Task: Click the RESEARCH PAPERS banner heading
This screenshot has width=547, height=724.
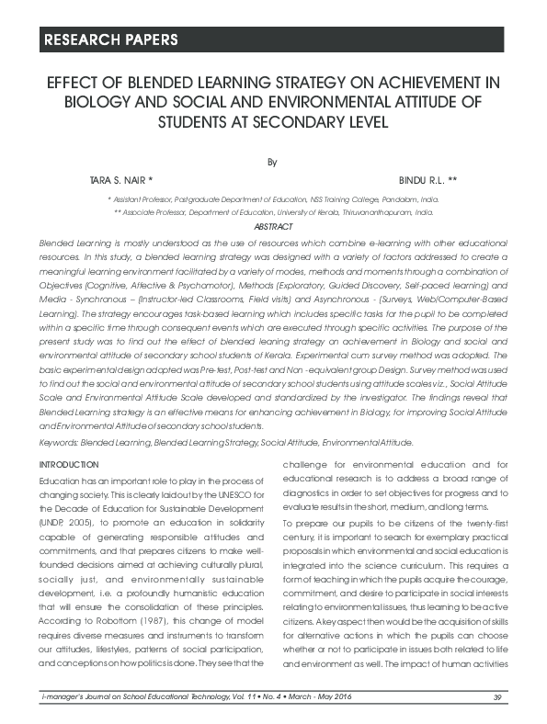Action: click(109, 40)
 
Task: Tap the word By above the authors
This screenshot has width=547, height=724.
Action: click(272, 162)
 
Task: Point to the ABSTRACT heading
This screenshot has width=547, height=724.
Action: click(272, 226)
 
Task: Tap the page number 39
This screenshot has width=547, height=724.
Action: click(497, 699)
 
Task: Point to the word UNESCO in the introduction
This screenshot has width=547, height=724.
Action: click(224, 496)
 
